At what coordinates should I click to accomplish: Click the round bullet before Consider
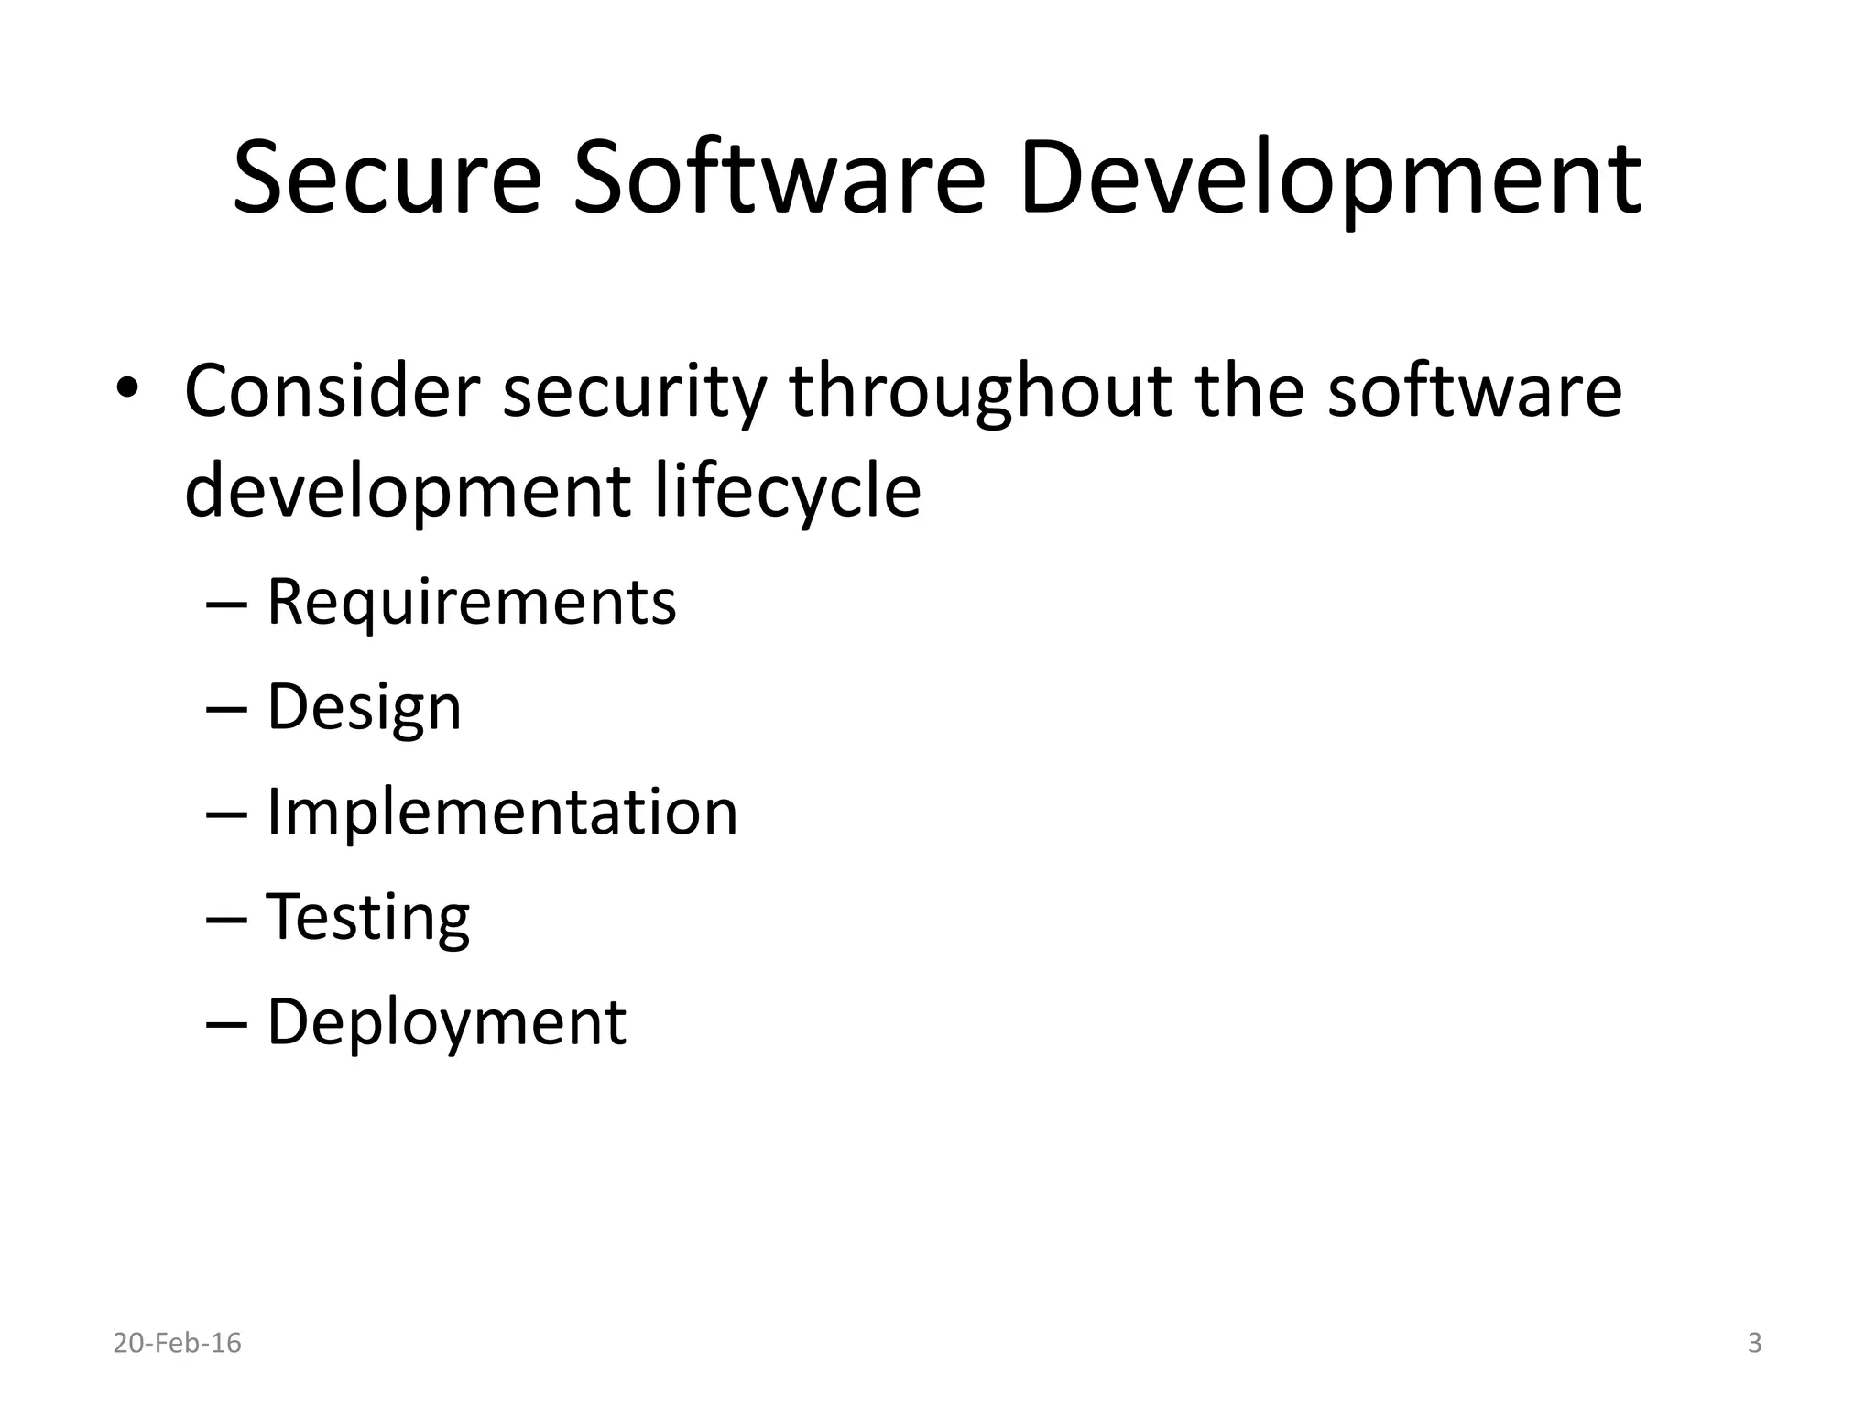pyautogui.click(x=127, y=388)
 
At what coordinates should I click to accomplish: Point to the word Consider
pyautogui.click(x=332, y=391)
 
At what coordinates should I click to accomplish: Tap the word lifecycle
pyautogui.click(x=788, y=492)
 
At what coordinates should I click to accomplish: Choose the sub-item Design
pyautogui.click(x=364, y=707)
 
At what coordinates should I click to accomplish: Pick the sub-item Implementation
pyautogui.click(x=501, y=812)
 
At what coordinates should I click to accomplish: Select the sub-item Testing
pyautogui.click(x=367, y=917)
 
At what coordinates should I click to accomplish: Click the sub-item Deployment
pyautogui.click(x=446, y=1022)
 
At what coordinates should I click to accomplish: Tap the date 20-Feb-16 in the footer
pyautogui.click(x=177, y=1343)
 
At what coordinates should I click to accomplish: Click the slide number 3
pyautogui.click(x=1754, y=1343)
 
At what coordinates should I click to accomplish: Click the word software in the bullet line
pyautogui.click(x=1474, y=391)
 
